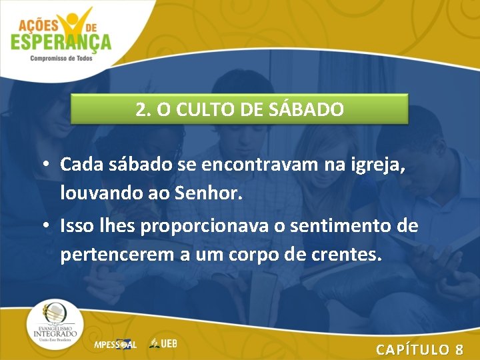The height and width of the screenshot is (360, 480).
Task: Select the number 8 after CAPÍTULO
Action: click(x=459, y=349)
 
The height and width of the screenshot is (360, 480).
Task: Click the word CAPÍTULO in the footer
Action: click(x=413, y=349)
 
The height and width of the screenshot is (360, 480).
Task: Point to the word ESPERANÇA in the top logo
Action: click(x=61, y=42)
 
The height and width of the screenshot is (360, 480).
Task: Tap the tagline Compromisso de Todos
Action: click(x=61, y=59)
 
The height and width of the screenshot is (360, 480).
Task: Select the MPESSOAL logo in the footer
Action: click(x=115, y=345)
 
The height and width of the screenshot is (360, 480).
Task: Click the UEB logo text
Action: click(x=164, y=343)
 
